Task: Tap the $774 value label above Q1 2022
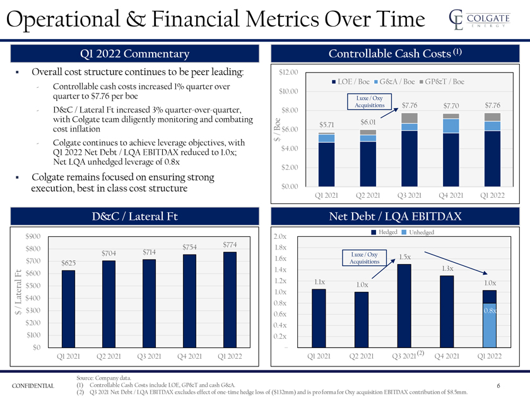(x=230, y=244)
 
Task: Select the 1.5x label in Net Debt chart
(x=405, y=256)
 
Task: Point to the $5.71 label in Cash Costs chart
(x=326, y=124)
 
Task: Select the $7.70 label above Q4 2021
(x=451, y=106)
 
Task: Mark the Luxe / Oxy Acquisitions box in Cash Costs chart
(x=370, y=102)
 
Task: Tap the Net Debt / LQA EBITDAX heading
(x=395, y=217)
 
